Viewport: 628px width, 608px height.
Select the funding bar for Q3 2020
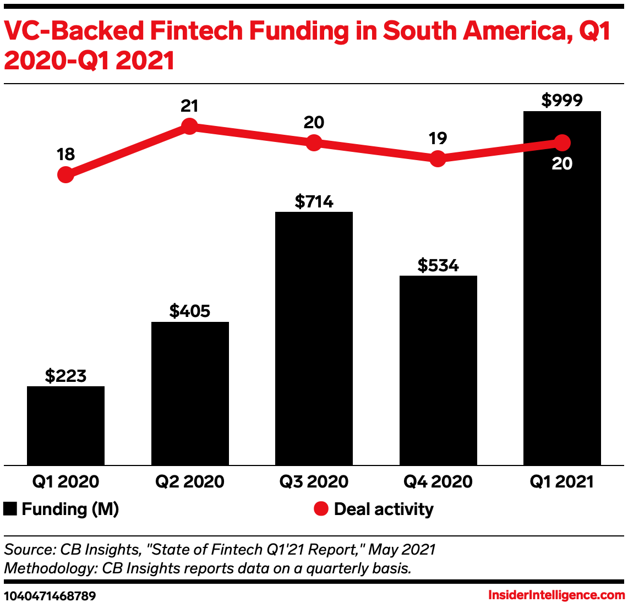click(x=314, y=338)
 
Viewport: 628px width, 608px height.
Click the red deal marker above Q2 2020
click(x=189, y=127)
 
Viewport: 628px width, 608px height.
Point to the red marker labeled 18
click(x=65, y=175)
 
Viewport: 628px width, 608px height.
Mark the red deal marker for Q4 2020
click(x=438, y=159)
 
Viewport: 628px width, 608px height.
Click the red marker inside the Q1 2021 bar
click(x=562, y=143)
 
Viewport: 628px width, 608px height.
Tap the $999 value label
click(x=562, y=100)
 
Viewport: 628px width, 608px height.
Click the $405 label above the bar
click(x=189, y=311)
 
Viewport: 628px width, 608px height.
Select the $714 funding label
click(x=314, y=201)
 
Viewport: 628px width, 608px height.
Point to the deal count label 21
click(x=189, y=106)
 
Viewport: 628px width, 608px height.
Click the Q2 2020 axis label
click(x=189, y=482)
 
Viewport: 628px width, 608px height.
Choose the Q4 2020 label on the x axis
click(x=438, y=482)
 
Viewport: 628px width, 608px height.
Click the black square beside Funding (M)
click(x=10, y=509)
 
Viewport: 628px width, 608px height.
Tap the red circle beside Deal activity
click(x=321, y=509)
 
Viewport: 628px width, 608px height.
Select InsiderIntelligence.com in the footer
click(x=556, y=595)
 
